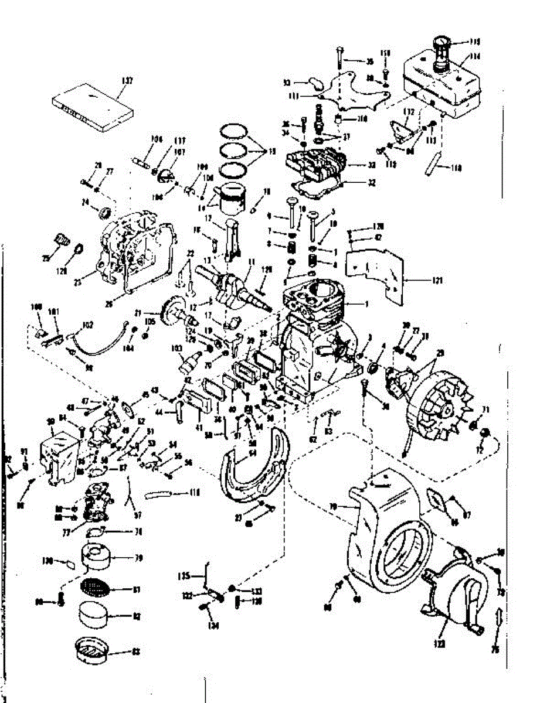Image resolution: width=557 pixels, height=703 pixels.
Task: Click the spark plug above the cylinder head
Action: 320,117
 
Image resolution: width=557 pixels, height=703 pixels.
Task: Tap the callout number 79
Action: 138,558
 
